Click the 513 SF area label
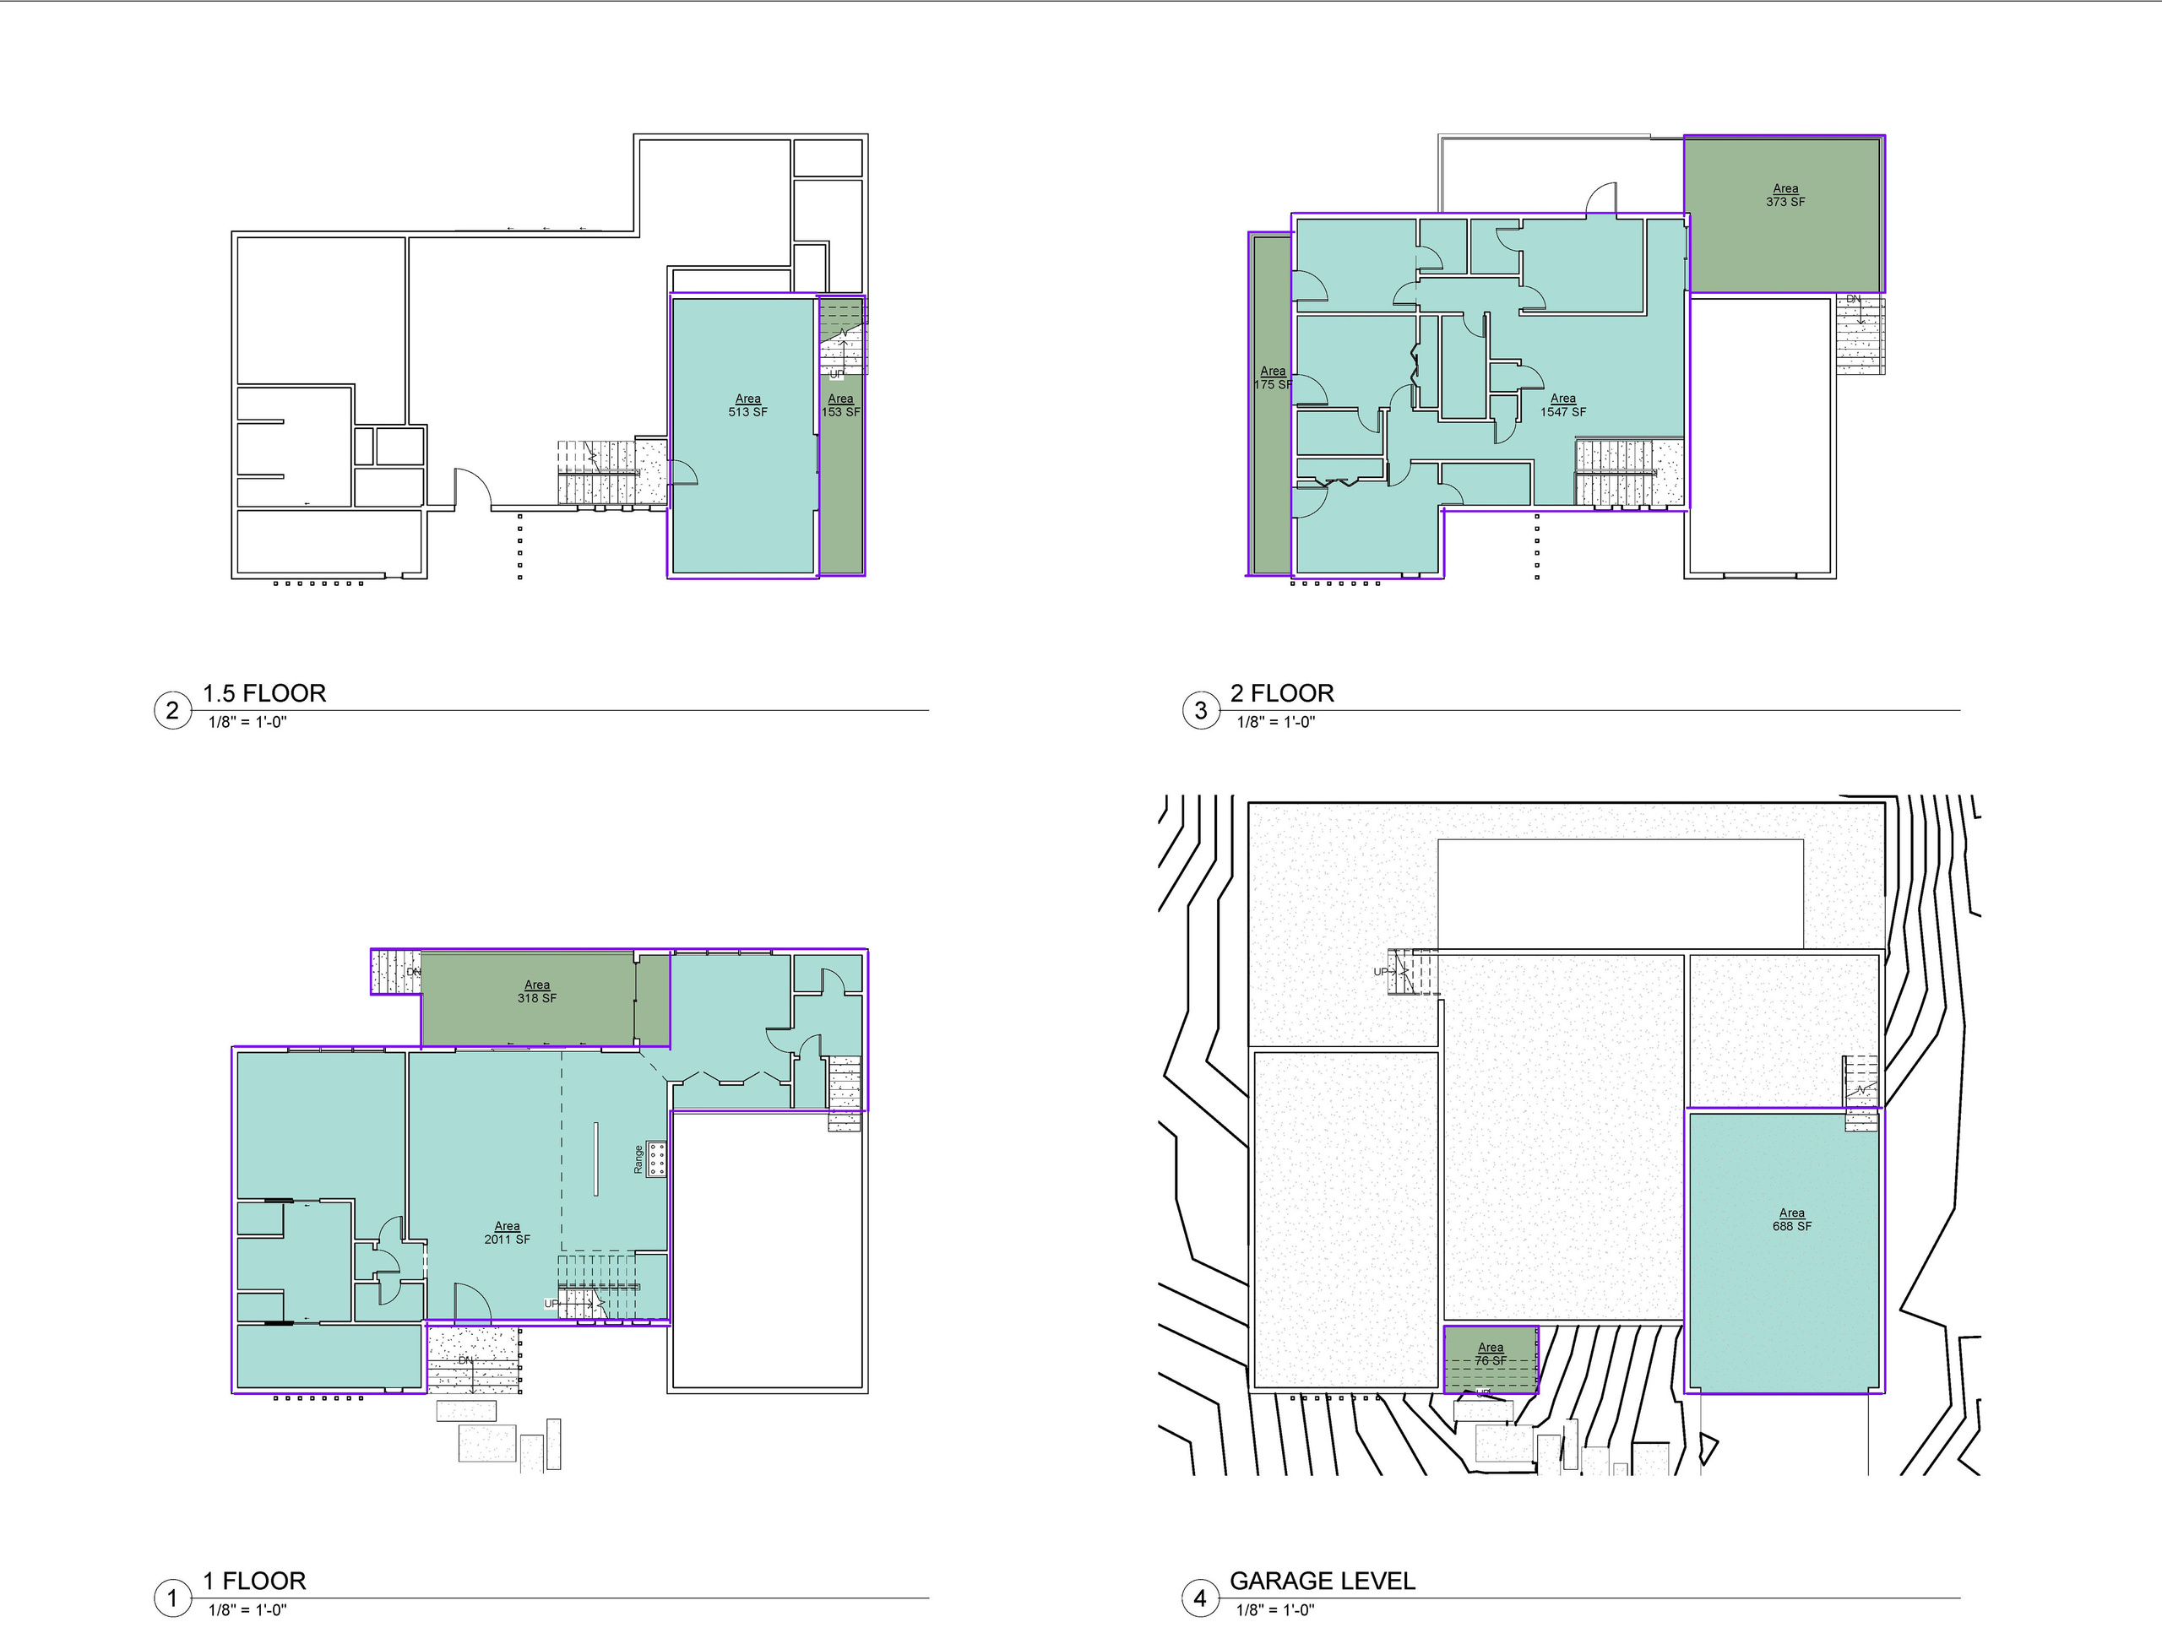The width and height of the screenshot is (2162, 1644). [x=747, y=405]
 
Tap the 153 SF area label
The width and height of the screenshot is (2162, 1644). [x=840, y=405]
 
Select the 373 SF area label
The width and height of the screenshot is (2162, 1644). [x=1785, y=195]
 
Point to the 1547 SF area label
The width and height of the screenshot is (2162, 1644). [x=1563, y=405]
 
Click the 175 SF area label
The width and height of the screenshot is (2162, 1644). [x=1273, y=377]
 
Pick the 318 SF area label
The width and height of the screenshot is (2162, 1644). [x=536, y=991]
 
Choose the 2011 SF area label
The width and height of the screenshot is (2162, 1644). [x=507, y=1232]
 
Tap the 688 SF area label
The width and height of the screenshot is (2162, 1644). [x=1791, y=1219]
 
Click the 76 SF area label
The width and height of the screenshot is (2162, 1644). [x=1490, y=1354]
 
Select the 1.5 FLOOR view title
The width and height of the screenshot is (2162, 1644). [x=264, y=693]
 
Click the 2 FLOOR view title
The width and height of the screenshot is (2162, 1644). [x=1281, y=693]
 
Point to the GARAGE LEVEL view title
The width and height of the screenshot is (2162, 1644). [x=1322, y=1581]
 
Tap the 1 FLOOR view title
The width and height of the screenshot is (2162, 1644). [x=254, y=1581]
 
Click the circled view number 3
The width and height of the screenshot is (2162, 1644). [x=1200, y=709]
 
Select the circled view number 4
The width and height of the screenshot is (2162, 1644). [x=1200, y=1599]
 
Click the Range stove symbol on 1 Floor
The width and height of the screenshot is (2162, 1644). [x=655, y=1158]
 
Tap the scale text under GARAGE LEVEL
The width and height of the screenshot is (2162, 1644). [x=1274, y=1609]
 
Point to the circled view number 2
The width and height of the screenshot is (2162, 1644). [x=172, y=709]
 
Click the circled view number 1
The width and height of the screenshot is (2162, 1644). [x=172, y=1599]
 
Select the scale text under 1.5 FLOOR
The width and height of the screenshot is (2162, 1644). [x=247, y=722]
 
